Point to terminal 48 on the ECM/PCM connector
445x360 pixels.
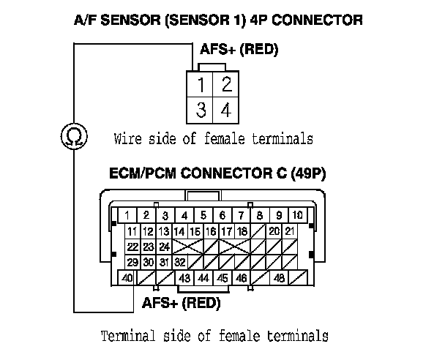coord(279,278)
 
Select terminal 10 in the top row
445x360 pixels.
coord(298,215)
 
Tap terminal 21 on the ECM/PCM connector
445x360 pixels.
coord(290,231)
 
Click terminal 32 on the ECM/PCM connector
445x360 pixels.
coord(180,262)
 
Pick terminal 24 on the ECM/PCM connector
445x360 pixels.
coord(164,247)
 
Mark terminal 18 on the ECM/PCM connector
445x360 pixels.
coord(242,231)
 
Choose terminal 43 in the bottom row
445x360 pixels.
coord(185,278)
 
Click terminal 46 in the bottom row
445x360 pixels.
coord(242,278)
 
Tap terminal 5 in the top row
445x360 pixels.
coord(203,215)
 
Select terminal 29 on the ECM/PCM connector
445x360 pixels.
coord(132,262)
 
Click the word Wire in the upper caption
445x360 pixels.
coord(127,138)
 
